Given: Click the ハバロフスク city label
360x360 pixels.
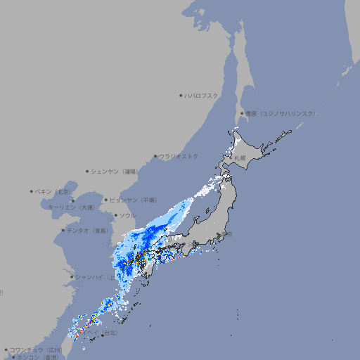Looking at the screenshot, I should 202,95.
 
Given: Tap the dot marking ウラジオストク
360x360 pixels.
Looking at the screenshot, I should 155,157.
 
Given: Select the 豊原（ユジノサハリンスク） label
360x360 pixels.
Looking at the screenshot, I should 281,113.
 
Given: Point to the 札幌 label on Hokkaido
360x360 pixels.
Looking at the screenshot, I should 240,157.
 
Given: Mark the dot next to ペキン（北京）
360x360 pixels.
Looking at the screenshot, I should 32,191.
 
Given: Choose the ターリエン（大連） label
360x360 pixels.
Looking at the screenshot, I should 71,207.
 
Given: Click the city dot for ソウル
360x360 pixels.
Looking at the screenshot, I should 115,215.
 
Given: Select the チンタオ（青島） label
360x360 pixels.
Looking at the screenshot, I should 88,230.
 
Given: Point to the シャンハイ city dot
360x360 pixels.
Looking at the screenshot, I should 72,277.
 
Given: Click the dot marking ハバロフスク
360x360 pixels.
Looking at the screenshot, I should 181,95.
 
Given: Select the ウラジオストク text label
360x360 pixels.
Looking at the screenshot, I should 179,157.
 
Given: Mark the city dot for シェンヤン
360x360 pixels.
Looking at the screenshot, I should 87,171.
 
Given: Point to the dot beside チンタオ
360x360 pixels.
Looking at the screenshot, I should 63,230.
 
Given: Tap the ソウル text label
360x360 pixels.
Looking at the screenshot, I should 128,215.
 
